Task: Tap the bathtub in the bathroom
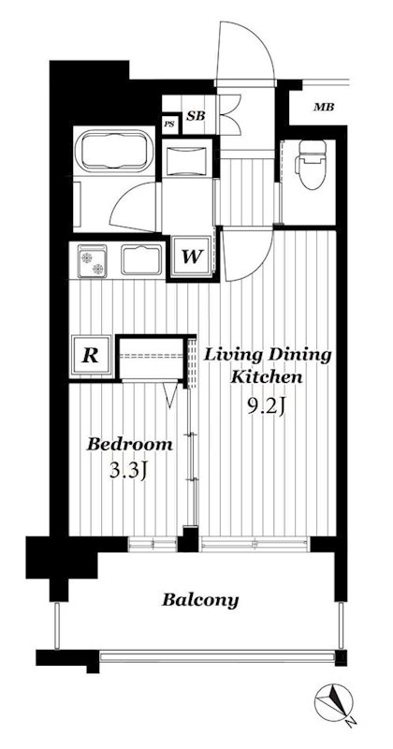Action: pyautogui.click(x=114, y=151)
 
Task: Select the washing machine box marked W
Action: pyautogui.click(x=191, y=256)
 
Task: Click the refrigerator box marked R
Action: pyautogui.click(x=91, y=356)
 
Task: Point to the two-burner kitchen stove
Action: pyautogui.click(x=93, y=261)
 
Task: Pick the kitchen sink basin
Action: pyautogui.click(x=141, y=260)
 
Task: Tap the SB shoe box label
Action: pyautogui.click(x=195, y=115)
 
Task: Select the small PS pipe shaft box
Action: pyautogui.click(x=169, y=125)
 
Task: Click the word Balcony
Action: pyautogui.click(x=200, y=600)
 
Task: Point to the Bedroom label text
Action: pyautogui.click(x=129, y=444)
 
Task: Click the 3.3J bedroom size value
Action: pyautogui.click(x=126, y=471)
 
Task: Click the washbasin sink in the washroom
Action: pyautogui.click(x=187, y=156)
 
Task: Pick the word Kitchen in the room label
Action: pyautogui.click(x=267, y=377)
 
